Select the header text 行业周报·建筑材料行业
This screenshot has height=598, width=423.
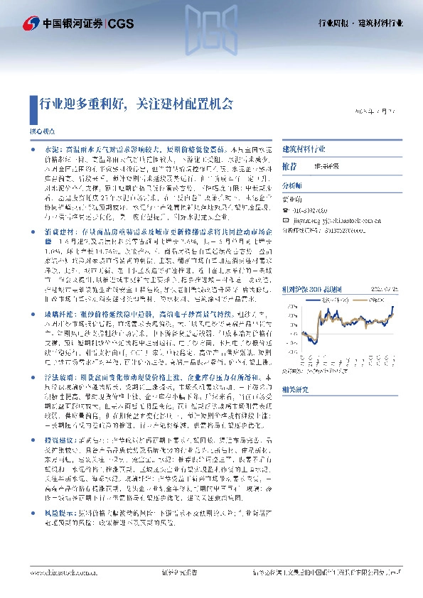click(x=360, y=23)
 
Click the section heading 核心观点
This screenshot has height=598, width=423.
click(x=41, y=133)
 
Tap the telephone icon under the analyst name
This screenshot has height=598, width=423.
click(x=286, y=210)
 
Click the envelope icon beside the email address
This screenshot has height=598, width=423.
click(x=286, y=220)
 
